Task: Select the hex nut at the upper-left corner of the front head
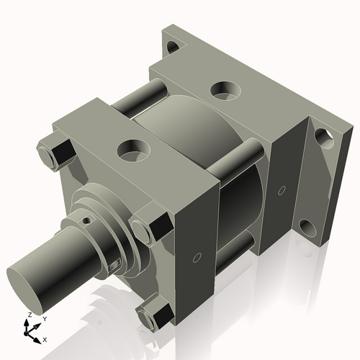[54, 152]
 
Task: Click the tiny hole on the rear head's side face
[282, 191]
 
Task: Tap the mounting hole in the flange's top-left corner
[174, 48]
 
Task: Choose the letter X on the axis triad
[45, 338]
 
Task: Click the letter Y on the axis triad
[44, 318]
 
